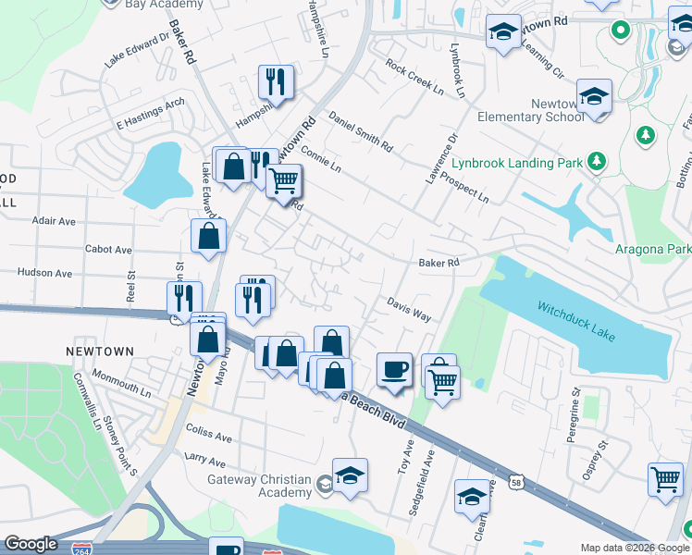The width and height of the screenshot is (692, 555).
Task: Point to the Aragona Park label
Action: (x=653, y=250)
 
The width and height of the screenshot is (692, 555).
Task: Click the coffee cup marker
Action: (x=395, y=369)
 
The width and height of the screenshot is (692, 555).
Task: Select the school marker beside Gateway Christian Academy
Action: (x=351, y=475)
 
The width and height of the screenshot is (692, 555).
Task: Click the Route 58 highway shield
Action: (x=515, y=482)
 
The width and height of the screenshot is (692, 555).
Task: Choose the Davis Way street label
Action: (x=409, y=309)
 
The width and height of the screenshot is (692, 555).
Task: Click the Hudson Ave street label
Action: (x=44, y=273)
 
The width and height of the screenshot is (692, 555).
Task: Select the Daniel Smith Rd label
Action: (x=361, y=131)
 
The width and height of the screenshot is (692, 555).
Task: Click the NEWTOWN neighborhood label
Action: (x=100, y=352)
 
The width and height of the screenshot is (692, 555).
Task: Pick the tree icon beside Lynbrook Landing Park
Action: (x=597, y=162)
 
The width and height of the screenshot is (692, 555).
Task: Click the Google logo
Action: (x=31, y=544)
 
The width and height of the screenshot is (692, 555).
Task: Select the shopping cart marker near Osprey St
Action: (x=665, y=479)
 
